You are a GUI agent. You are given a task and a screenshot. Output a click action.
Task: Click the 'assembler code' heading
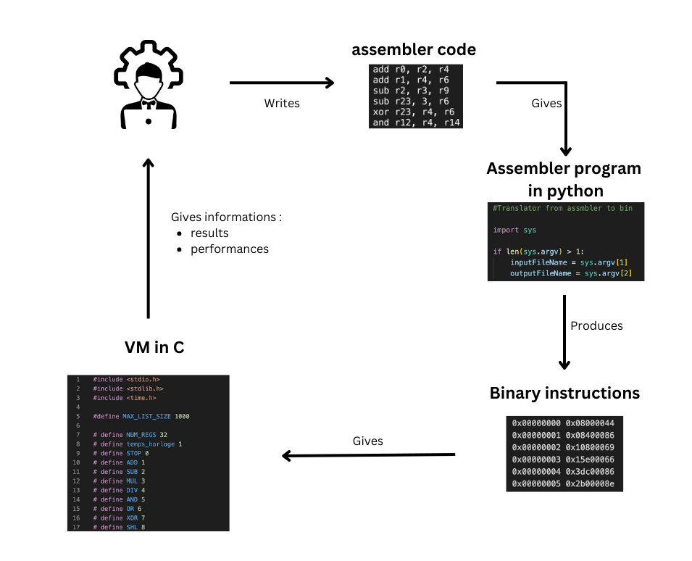coord(414,50)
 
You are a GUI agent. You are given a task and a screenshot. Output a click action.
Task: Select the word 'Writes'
coord(282,104)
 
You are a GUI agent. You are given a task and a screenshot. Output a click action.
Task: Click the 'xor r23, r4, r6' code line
coord(413,112)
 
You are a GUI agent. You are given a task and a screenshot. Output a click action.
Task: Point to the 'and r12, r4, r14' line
coord(415,122)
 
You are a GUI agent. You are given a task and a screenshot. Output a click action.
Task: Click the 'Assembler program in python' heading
coord(563,179)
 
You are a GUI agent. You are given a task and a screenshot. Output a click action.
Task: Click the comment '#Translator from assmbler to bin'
coord(562,208)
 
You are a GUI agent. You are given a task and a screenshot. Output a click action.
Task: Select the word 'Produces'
coord(596,325)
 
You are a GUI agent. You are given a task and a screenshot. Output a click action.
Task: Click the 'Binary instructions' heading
coord(564,393)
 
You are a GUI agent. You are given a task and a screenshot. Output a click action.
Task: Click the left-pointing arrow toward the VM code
coord(368,455)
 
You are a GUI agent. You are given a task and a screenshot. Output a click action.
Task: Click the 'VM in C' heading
coord(154,347)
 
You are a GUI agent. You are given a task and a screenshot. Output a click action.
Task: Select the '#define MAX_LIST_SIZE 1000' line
coord(141,416)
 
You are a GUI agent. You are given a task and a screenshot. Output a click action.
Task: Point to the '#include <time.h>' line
coord(124,397)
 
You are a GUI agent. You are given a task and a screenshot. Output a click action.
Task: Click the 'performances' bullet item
coord(230,249)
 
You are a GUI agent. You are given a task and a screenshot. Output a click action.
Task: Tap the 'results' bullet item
coord(209,233)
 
